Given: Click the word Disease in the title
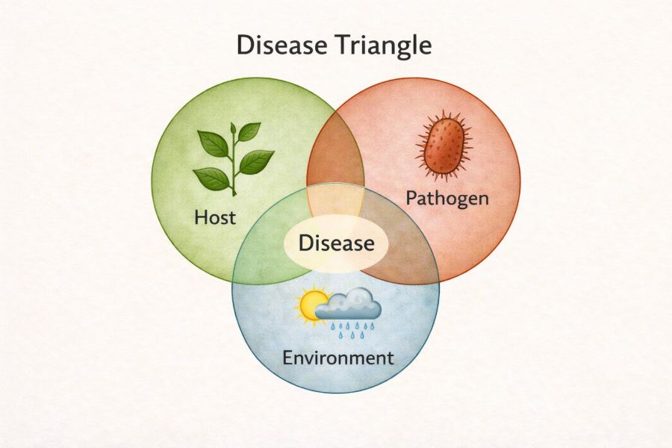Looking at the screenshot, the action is (x=281, y=45).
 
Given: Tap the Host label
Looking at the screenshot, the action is (x=215, y=217).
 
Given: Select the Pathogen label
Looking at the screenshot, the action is (x=447, y=199).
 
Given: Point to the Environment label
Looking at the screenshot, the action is (x=337, y=358).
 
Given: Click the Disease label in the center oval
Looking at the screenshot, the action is (x=337, y=243).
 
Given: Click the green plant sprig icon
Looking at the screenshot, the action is (x=234, y=159).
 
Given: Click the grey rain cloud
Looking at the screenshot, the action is (x=349, y=305).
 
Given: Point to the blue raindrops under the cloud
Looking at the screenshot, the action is (x=352, y=330).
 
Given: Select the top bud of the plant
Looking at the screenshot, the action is (x=233, y=128).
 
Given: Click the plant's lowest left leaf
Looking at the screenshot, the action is (x=211, y=178).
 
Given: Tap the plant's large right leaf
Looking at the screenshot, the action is (x=256, y=161).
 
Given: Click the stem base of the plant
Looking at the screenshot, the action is (x=234, y=193).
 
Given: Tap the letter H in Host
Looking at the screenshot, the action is (x=201, y=217).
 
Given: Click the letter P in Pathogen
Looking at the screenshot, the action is (x=411, y=198).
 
